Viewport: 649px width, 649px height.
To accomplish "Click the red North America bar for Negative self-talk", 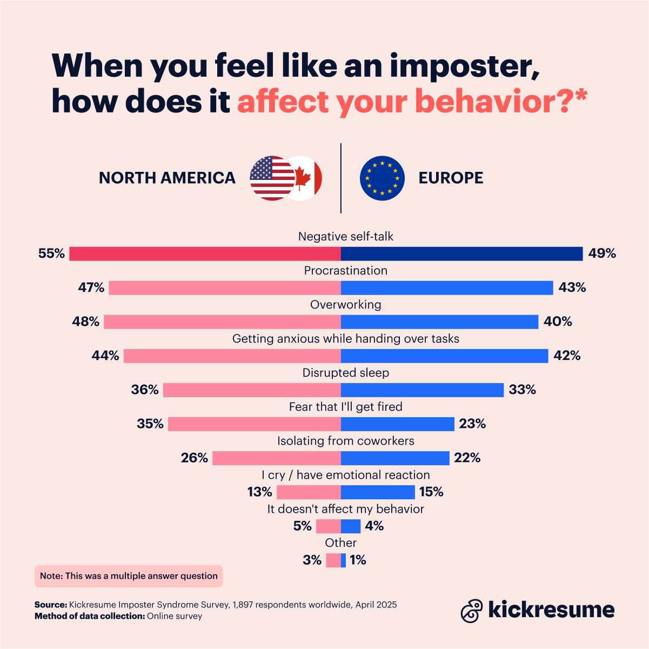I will click(205, 253).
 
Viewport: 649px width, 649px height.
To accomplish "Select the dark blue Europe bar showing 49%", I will click(461, 253).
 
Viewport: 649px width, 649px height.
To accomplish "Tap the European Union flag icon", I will click(382, 178).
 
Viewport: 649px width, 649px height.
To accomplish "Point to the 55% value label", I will click(51, 253).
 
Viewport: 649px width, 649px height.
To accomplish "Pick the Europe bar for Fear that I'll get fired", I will click(397, 424).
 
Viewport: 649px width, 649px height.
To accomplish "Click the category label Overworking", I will click(345, 305).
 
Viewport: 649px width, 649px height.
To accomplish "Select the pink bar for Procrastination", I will click(224, 287).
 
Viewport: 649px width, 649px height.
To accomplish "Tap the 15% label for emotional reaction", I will click(431, 492).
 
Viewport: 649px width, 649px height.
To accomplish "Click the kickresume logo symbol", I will click(471, 610).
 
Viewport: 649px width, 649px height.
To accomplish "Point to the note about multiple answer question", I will click(129, 576).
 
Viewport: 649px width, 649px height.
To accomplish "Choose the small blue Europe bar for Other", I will click(343, 560).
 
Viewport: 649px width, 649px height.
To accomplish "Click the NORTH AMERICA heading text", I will click(167, 178).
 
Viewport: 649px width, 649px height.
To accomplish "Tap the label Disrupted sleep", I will click(345, 373).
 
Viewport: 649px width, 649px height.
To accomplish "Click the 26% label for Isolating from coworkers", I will click(194, 458).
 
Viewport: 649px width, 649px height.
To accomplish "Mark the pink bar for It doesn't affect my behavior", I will click(328, 526).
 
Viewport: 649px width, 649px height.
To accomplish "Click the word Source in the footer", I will click(50, 605).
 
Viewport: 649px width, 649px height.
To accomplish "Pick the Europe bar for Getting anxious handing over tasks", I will click(444, 356).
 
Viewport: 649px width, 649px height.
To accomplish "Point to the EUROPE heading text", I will click(451, 178).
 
